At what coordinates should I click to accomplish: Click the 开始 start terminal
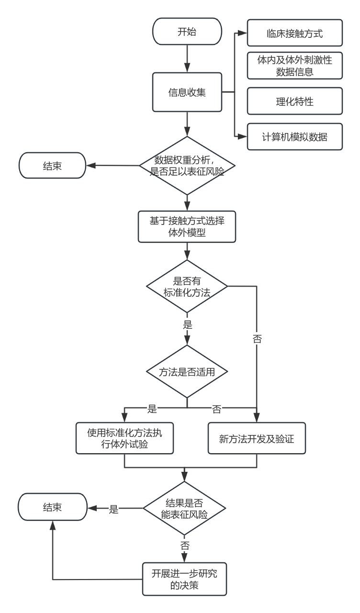tap(187, 33)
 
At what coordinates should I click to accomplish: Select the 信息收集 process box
tap(187, 92)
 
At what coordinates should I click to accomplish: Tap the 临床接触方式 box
tap(294, 33)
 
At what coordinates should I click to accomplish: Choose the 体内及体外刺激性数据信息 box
tap(294, 66)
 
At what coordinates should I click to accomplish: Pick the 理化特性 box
tap(294, 101)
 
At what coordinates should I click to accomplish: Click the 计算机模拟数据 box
tap(294, 136)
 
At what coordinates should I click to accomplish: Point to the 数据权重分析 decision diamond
tap(187, 166)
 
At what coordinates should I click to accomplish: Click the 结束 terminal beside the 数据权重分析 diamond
tap(52, 166)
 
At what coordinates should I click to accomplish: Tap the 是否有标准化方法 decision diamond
tap(187, 287)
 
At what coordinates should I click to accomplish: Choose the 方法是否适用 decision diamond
tap(187, 371)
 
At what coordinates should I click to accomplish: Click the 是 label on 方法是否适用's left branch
tap(152, 408)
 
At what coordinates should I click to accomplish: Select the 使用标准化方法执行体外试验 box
tap(124, 438)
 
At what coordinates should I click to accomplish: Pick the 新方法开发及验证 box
tap(257, 438)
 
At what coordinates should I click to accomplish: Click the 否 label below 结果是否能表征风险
tap(185, 546)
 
